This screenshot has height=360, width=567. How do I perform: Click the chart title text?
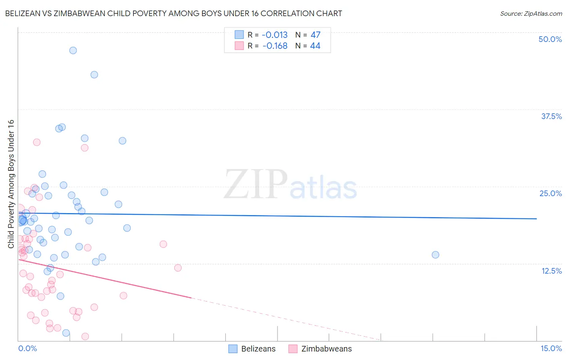(173, 13)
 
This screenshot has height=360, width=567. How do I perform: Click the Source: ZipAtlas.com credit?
(531, 13)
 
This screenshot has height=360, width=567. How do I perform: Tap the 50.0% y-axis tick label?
(550, 39)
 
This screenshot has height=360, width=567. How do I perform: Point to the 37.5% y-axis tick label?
(551, 116)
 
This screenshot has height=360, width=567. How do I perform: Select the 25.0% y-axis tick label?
(550, 193)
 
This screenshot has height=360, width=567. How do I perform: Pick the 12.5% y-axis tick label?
(551, 271)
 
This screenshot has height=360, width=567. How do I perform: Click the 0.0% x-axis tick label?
(27, 348)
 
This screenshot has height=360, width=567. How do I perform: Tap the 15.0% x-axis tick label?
(551, 348)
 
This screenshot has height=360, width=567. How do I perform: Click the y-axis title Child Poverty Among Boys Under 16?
(11, 184)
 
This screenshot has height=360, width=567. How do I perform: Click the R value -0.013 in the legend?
(275, 35)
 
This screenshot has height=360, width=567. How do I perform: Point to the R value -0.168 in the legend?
(275, 46)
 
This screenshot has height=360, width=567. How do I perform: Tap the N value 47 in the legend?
(315, 35)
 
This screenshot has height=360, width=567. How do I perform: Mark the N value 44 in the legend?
(315, 46)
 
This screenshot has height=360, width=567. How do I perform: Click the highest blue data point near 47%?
(73, 50)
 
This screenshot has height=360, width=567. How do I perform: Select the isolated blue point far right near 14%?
(436, 255)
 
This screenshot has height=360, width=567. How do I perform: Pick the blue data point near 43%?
(94, 75)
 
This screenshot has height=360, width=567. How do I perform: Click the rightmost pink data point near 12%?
(178, 268)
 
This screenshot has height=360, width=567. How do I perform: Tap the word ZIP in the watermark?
(255, 184)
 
